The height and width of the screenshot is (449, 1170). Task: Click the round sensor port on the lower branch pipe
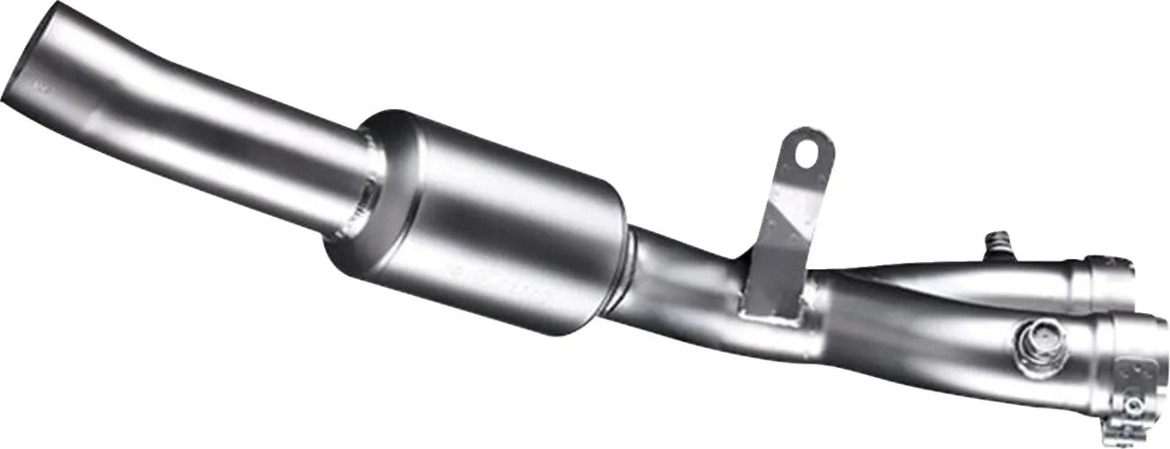point(1029,340)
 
